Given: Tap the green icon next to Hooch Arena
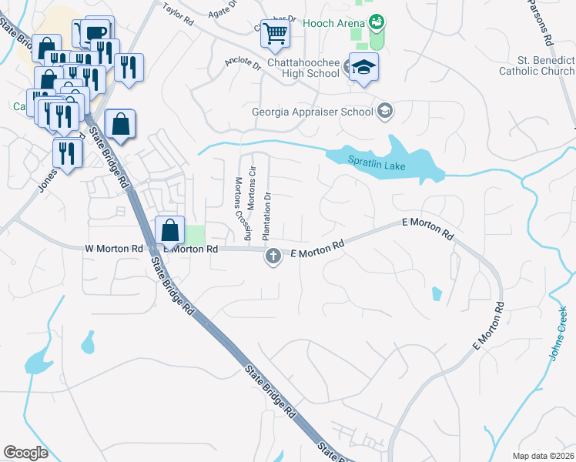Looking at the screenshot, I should coord(377,22).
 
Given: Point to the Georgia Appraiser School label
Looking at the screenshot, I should coord(313,112).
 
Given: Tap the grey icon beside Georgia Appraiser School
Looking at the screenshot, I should coord(384,112).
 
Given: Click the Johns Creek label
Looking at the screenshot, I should coord(558,330).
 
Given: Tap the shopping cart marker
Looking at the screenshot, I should coord(275,33).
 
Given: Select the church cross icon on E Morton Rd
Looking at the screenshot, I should coord(273,256).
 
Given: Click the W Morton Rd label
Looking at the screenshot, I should coord(114,249).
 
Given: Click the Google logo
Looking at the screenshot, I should coord(25,453).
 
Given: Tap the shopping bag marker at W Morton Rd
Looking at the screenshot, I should coord(169,230).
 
